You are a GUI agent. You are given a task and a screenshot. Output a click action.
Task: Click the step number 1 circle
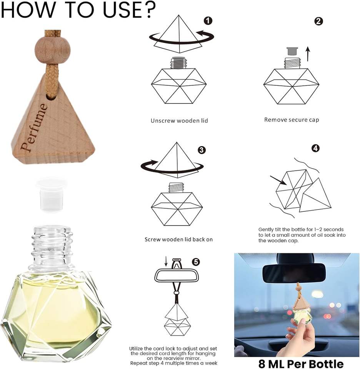208,21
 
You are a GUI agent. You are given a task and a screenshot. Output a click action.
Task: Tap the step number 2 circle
318,22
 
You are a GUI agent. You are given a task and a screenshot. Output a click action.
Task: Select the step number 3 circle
202,150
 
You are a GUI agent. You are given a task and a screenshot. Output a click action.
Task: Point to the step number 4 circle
315,148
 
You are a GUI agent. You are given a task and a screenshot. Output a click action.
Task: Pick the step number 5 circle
196,262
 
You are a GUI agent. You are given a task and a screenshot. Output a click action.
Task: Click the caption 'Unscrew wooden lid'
179,121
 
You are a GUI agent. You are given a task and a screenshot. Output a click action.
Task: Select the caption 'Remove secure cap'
292,120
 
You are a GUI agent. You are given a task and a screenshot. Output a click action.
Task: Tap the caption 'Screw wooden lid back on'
178,239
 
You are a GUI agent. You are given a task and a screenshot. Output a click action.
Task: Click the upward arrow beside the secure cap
308,54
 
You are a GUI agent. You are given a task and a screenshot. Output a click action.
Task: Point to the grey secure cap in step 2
292,51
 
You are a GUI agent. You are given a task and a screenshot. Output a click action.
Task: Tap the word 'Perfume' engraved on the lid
34,127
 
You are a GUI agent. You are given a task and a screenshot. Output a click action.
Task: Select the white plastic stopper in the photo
51,194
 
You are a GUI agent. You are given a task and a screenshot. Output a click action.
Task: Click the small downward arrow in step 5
166,261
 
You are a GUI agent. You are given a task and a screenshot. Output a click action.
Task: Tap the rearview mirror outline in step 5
177,276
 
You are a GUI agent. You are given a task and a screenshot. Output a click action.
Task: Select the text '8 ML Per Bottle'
301,364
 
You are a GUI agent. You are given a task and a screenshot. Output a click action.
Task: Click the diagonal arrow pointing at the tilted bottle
278,180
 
